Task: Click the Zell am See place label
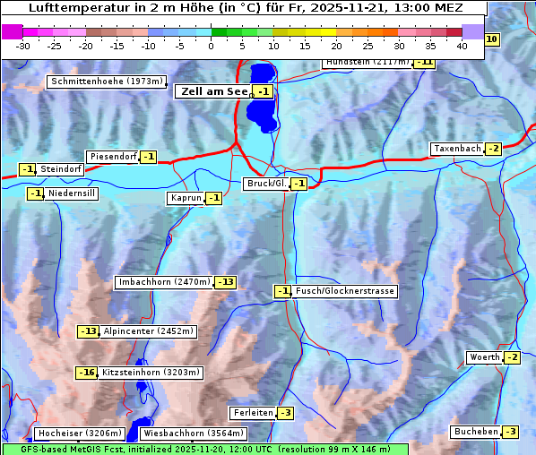pos(213,91)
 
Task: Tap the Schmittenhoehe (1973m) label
pos(106,82)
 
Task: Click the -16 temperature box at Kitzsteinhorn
pos(86,373)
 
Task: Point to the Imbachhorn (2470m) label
pos(165,282)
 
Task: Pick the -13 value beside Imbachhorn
pos(226,282)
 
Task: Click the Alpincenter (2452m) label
pos(149,331)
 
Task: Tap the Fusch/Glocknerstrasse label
pos(344,291)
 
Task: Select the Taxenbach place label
pos(457,149)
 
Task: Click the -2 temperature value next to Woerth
pos(512,357)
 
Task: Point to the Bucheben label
pos(476,432)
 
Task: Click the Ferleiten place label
pos(252,413)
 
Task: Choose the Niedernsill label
pos(72,193)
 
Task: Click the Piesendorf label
pos(113,157)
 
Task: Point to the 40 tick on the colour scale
pos(462,45)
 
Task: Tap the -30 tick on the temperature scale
pos(23,45)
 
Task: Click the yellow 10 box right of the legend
pos(492,39)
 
